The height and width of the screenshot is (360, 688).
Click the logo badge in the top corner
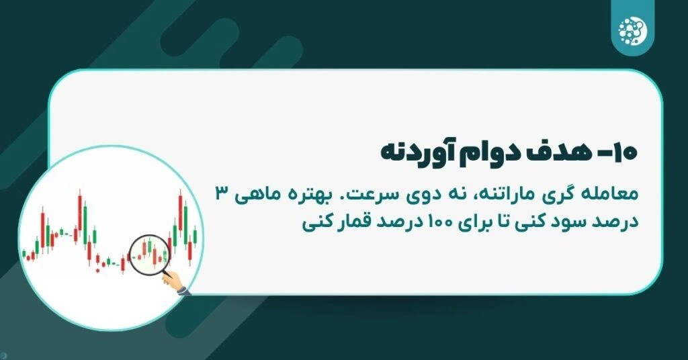[x=631, y=28]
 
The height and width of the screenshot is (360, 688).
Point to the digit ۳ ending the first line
[x=220, y=194]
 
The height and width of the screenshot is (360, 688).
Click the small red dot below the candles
[x=97, y=271]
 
